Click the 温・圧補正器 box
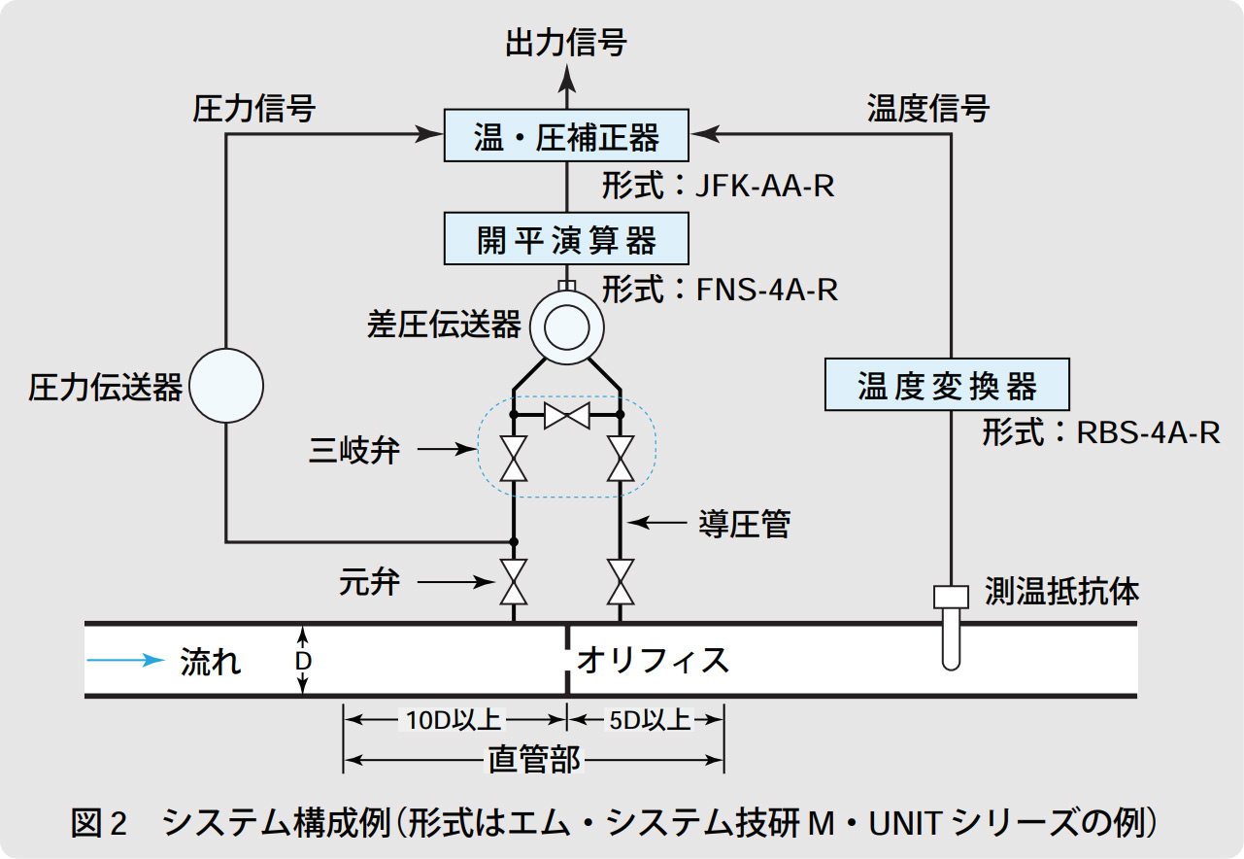[x=566, y=136]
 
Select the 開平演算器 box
[x=566, y=239]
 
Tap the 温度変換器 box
[x=947, y=385]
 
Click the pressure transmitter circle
[x=226, y=386]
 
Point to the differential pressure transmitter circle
[x=566, y=327]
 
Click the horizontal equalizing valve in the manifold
[x=566, y=416]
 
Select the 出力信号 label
[x=566, y=43]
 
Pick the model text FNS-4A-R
[x=767, y=290]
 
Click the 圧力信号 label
[x=254, y=108]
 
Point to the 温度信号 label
[x=927, y=108]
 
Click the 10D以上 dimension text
[x=454, y=720]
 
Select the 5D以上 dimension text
[x=649, y=720]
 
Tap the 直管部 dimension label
[x=534, y=760]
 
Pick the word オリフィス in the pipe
[x=653, y=661]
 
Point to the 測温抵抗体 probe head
[x=952, y=597]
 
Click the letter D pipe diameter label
[x=303, y=661]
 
